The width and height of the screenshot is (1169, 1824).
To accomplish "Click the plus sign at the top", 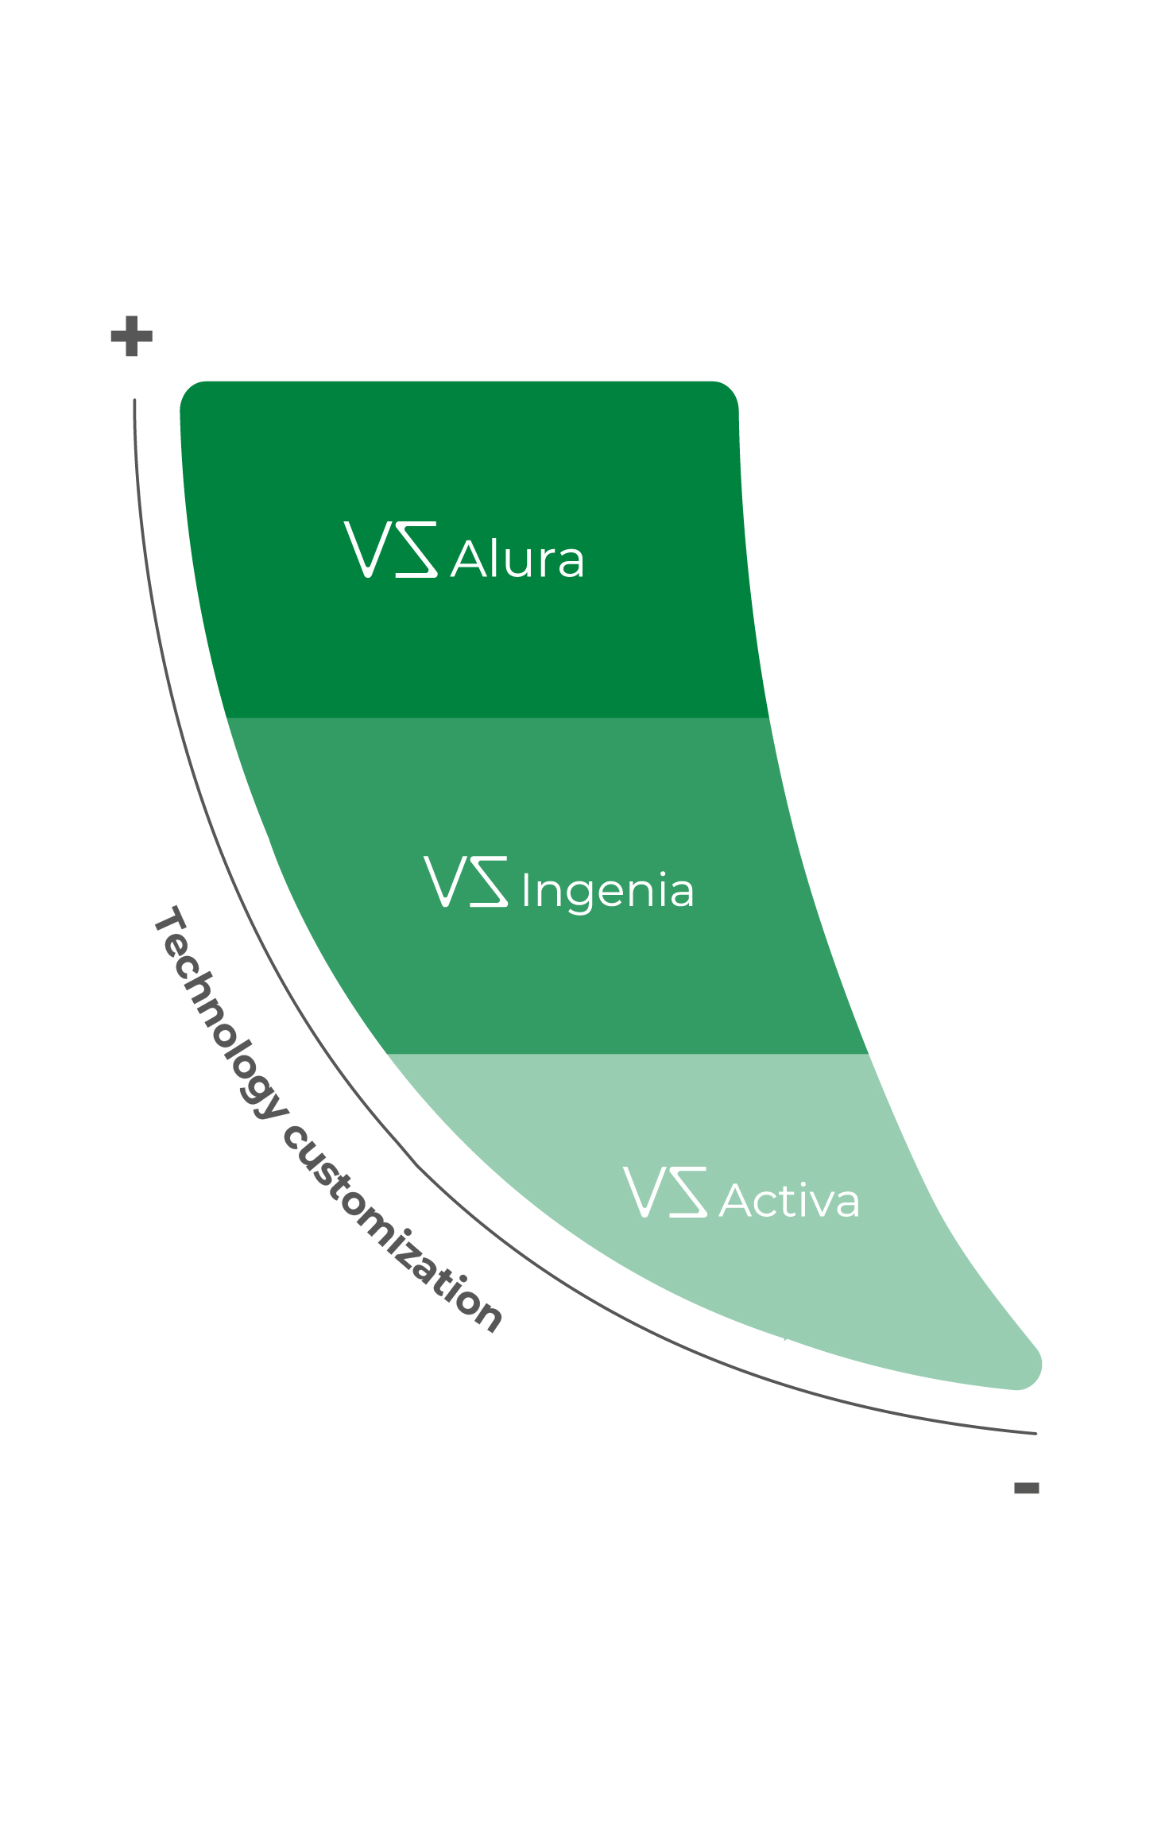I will (x=131, y=336).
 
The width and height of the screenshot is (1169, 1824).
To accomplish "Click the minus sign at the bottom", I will (x=1026, y=1488).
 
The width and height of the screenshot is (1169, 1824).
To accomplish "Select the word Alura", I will (x=517, y=560).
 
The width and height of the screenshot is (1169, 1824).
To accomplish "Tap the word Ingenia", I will (x=608, y=891).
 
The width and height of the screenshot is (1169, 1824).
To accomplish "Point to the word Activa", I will (x=789, y=1201).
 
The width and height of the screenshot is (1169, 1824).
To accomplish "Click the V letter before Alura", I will (x=367, y=549).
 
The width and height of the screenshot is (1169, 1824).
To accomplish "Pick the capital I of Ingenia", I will (x=525, y=890).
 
